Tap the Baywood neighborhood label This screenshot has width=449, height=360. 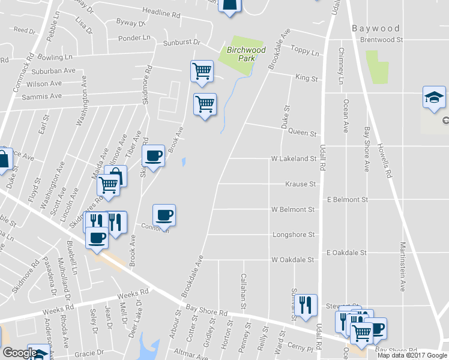click(376, 28)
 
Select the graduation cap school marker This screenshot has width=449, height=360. click(434, 97)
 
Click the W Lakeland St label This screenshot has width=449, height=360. click(294, 159)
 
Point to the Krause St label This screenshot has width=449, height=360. click(300, 184)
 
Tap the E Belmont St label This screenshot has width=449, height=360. click(347, 199)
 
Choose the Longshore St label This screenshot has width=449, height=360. click(294, 235)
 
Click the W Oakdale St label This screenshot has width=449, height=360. click(292, 260)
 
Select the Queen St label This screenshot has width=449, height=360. click(302, 133)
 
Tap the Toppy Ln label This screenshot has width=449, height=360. click(304, 50)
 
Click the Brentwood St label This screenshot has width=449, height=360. click(381, 40)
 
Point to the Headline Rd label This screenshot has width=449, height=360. click(161, 11)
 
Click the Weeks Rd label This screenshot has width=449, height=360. click(128, 298)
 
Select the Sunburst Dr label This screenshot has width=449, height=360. click(181, 44)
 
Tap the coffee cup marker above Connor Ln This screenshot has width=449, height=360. click(164, 214)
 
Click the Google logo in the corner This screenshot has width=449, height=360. click(19, 353)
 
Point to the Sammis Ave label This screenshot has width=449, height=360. click(41, 96)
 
